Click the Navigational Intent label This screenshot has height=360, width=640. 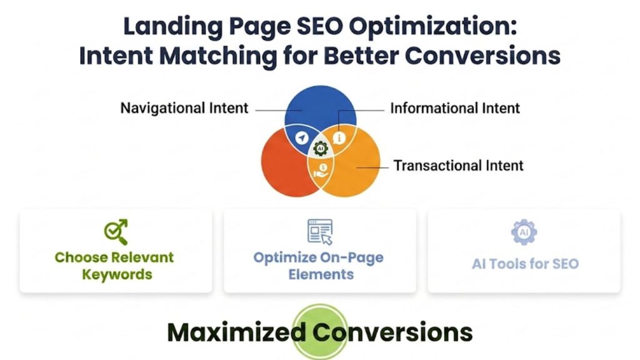tap(184, 108)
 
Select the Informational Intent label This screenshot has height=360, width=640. tap(455, 108)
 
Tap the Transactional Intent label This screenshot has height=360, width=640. tap(458, 166)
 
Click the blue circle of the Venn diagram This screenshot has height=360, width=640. tap(319, 103)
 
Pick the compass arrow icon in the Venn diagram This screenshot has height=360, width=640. tap(302, 137)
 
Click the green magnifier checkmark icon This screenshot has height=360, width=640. tap(116, 231)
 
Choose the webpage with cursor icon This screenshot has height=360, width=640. tap(320, 231)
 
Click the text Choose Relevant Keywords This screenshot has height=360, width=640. tap(114, 266)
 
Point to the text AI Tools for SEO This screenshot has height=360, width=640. tap(525, 264)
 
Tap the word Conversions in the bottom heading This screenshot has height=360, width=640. tap(392, 332)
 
